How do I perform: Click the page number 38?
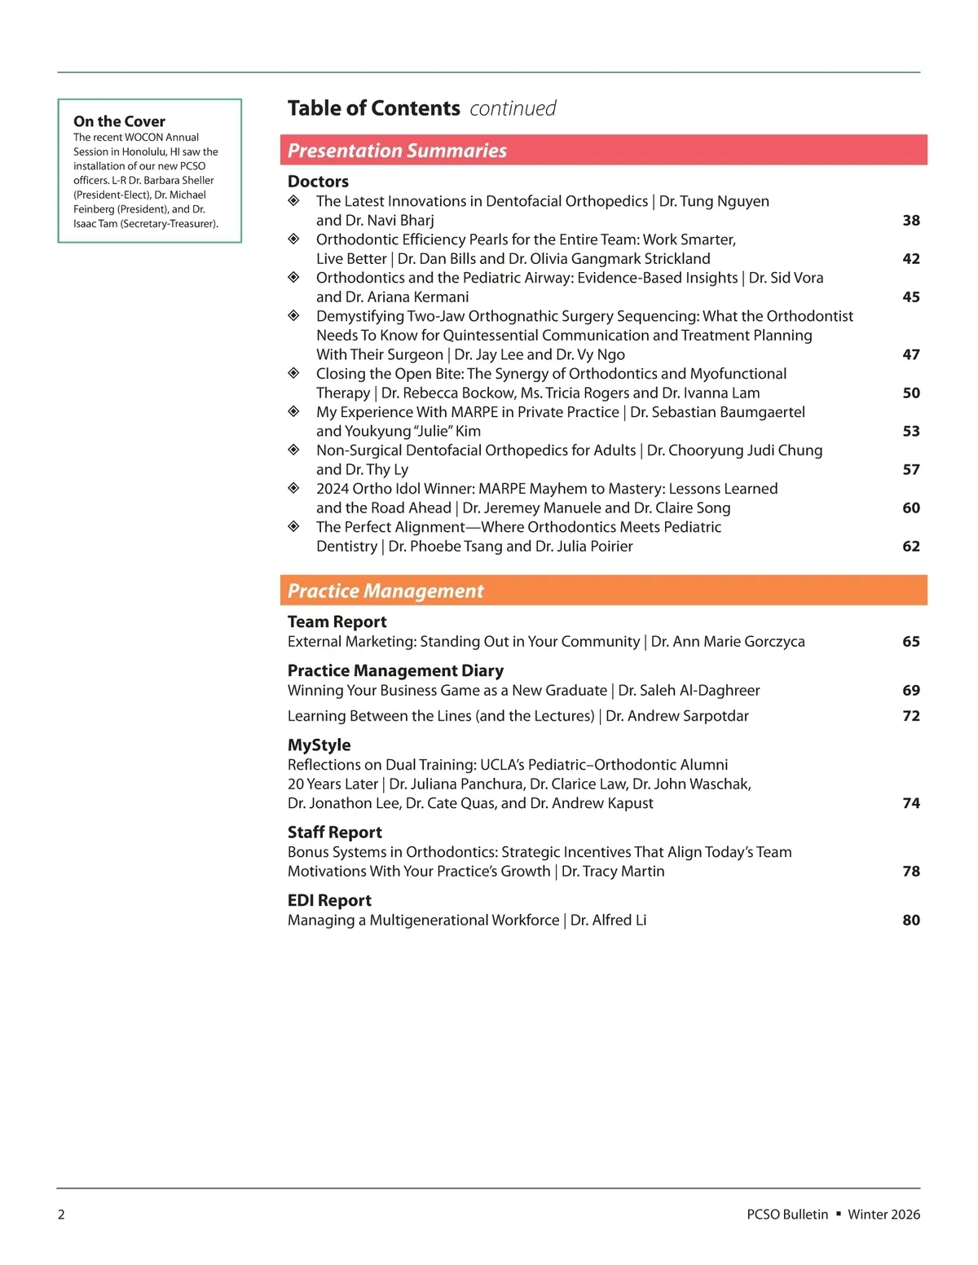pos(910,221)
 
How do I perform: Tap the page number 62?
pos(910,547)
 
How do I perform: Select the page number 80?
pos(910,920)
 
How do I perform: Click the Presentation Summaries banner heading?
pos(397,151)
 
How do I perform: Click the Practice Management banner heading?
pos(385,591)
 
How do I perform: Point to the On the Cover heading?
pos(119,121)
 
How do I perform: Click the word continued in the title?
pos(513,108)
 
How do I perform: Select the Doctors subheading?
pos(318,182)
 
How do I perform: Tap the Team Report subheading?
pos(337,622)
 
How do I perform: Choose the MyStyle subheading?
pos(319,745)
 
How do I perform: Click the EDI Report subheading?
pos(329,901)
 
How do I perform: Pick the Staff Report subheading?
pos(334,832)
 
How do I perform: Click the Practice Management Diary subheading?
pos(395,671)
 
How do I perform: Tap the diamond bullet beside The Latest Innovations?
pos(294,201)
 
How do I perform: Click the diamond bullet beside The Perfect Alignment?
pos(294,527)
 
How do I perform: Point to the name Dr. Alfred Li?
pos(608,920)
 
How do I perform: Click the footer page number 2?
pos(61,1214)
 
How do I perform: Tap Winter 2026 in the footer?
pos(883,1214)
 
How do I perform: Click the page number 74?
pos(910,803)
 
